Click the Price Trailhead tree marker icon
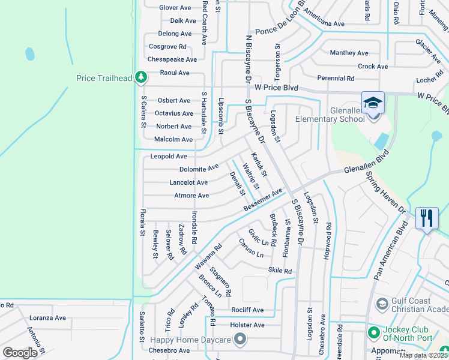(x=140, y=77)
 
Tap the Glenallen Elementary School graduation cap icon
(x=373, y=102)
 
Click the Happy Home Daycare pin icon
(x=240, y=340)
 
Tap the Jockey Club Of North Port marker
(x=373, y=332)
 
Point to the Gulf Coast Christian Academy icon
(x=381, y=305)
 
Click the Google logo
(x=20, y=353)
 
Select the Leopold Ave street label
(x=169, y=156)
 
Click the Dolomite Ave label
(x=199, y=169)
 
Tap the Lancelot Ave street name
(x=188, y=182)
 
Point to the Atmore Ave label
(x=191, y=196)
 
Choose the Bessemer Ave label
(x=263, y=200)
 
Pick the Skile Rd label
(x=280, y=271)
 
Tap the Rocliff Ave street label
(x=247, y=310)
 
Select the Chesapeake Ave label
(x=172, y=59)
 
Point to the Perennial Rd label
(x=336, y=79)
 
